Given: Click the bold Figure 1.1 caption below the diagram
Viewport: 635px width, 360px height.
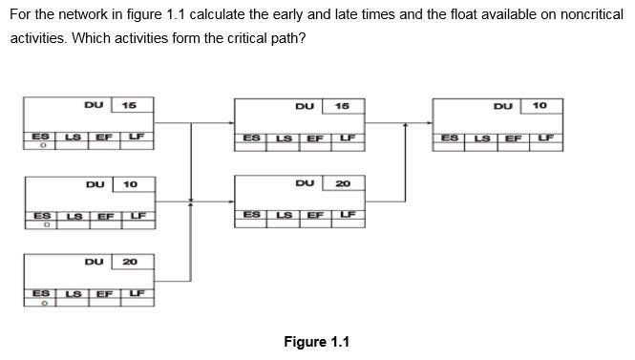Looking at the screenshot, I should [316, 342].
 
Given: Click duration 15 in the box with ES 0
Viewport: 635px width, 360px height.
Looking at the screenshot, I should [129, 105].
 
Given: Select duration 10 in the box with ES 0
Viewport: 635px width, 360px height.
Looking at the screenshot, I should [130, 183].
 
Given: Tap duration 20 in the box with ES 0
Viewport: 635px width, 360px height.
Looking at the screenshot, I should [130, 261].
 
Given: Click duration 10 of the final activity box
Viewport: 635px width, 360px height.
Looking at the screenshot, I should [540, 105].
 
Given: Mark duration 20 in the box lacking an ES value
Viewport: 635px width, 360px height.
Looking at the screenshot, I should [343, 183].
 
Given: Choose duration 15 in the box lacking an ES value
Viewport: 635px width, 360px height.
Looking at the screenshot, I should [343, 105].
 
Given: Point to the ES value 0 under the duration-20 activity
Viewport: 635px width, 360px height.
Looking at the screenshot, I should [42, 305].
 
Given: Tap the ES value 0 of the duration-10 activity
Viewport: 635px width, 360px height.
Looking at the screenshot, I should [42, 227].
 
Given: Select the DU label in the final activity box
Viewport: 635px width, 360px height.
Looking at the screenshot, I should [503, 105].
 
